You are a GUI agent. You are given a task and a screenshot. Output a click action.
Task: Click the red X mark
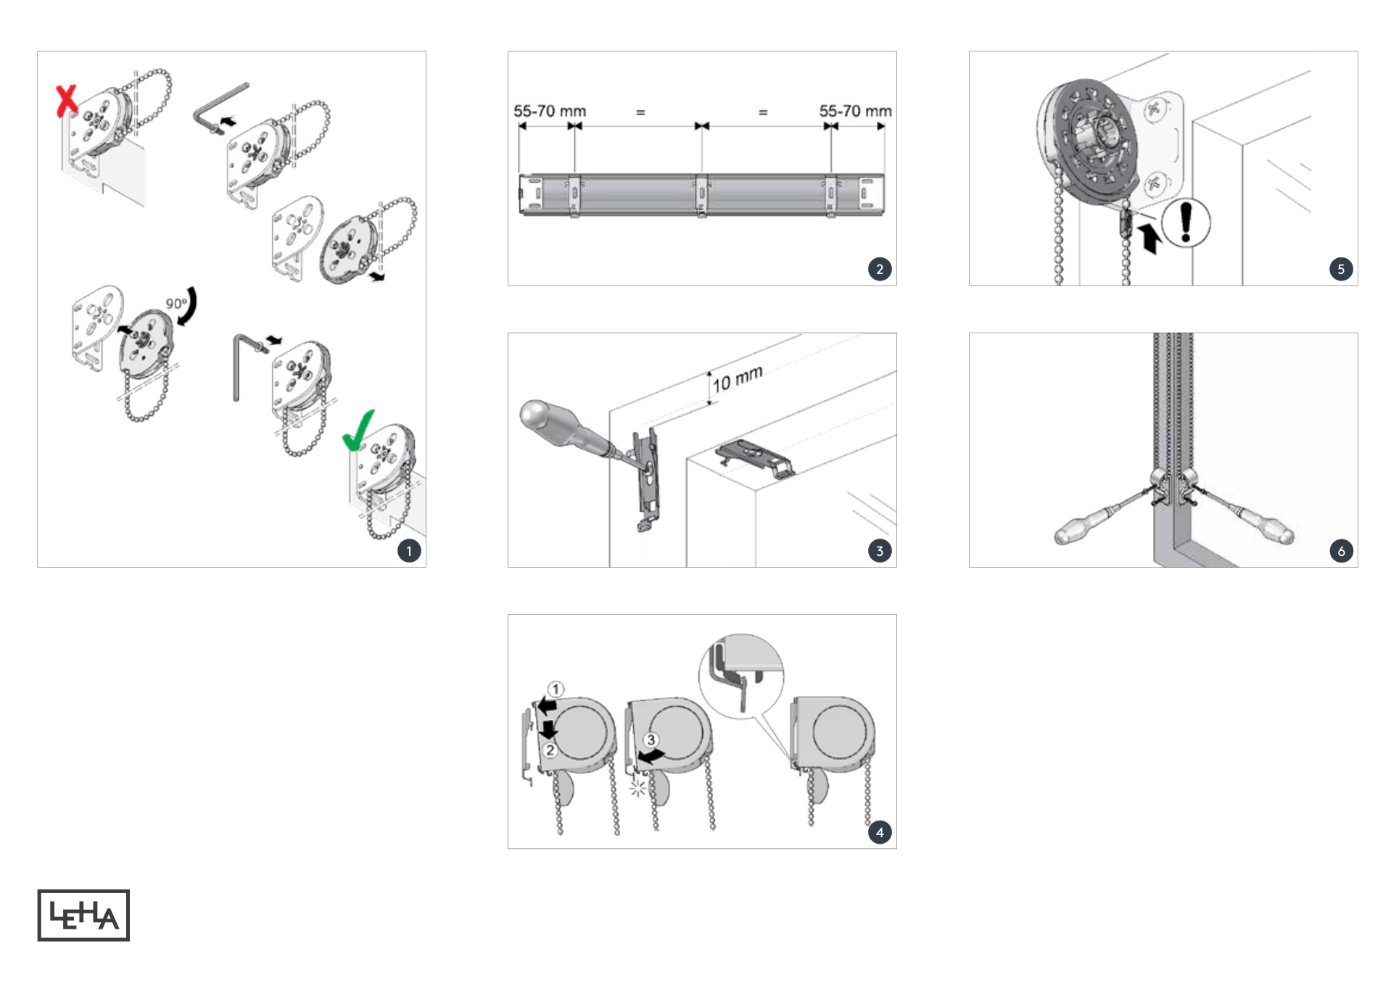pos(67,100)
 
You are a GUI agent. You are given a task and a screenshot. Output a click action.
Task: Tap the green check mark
pos(358,431)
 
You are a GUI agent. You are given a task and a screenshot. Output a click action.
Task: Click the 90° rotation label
pos(176,304)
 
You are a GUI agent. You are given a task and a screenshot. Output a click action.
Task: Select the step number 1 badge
pos(409,551)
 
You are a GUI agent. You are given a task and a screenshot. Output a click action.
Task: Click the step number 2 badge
pos(880,269)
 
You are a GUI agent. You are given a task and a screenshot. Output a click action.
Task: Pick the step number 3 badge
pos(880,551)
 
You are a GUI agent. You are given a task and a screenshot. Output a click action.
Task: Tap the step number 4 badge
pos(880,832)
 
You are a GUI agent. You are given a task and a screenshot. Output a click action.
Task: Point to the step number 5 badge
pos(1341,269)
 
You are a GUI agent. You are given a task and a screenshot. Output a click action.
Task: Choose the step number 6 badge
pos(1341,551)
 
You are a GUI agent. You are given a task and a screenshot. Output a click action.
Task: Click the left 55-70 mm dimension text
pos(550,111)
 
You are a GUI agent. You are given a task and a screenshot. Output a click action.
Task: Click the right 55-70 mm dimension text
pos(856,111)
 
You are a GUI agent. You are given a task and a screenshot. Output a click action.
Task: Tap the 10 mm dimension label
pos(738,378)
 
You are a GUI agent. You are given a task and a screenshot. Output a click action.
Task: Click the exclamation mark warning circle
pos(1186,223)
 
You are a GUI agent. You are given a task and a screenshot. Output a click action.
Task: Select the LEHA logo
pos(83,915)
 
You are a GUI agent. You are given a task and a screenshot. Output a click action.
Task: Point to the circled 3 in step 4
pos(651,739)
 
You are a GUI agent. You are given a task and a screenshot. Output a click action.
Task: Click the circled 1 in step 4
pos(556,689)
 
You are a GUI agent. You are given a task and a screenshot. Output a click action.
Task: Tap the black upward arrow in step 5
pos(1149,239)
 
